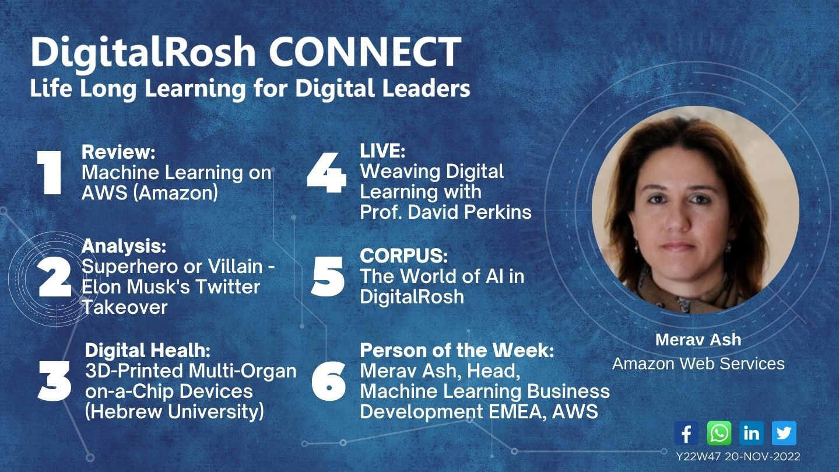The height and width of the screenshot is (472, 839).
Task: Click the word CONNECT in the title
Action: tap(365, 51)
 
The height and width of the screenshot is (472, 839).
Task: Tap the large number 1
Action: tap(50, 173)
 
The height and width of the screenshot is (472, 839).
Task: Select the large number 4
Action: tap(327, 173)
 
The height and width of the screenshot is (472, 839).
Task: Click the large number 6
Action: tap(328, 381)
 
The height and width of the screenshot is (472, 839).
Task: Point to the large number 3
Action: tap(54, 381)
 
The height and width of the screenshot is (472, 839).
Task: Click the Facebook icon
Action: tap(686, 433)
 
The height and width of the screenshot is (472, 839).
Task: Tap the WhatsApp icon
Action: tap(719, 433)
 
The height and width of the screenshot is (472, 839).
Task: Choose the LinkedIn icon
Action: tap(752, 433)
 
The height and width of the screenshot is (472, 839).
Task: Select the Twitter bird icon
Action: tap(784, 433)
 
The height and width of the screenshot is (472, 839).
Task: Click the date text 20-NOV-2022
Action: tap(763, 457)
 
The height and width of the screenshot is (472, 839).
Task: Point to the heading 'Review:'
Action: tap(118, 152)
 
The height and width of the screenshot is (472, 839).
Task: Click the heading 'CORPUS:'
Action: tap(404, 256)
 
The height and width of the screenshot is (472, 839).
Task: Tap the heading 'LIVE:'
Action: tap(382, 151)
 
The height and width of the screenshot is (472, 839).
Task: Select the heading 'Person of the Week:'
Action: tap(457, 350)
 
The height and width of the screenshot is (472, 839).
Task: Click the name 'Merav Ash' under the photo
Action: tap(698, 340)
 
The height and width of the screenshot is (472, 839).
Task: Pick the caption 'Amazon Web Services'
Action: tap(698, 363)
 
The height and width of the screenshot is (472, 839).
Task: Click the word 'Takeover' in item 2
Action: tap(125, 307)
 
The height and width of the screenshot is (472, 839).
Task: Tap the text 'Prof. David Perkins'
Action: tap(445, 212)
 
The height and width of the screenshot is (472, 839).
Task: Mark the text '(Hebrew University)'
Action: tap(174, 411)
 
